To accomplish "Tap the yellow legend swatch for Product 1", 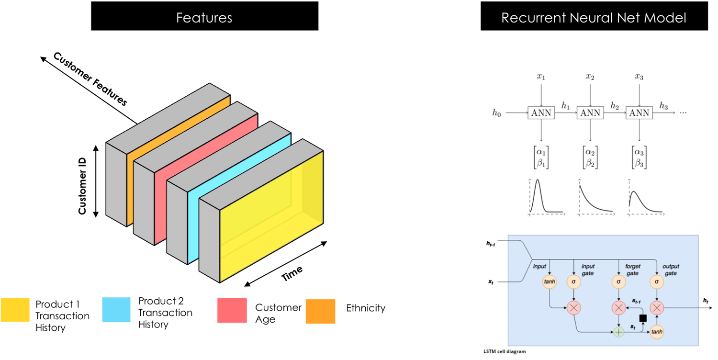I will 17,310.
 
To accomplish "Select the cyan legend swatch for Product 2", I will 116,310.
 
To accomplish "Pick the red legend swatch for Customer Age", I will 232,310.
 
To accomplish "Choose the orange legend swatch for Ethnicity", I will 320,311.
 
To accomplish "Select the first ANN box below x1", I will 540,113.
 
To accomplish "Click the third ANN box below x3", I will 639,113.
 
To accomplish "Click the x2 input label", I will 590,77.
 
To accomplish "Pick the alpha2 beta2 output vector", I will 590,157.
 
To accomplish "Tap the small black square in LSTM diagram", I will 642,318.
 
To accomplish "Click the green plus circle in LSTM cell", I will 619,331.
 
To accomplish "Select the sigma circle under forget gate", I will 618,282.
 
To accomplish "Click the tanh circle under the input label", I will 549,282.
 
